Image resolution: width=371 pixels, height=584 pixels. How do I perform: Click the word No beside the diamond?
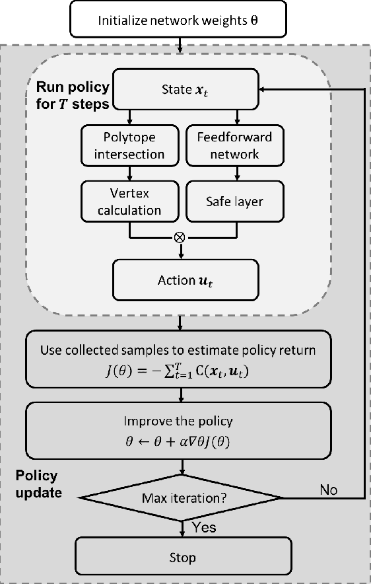point(329,490)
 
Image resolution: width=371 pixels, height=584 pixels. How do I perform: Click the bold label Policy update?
point(38,484)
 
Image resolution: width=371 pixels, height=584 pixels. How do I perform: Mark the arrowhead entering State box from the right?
point(263,89)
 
